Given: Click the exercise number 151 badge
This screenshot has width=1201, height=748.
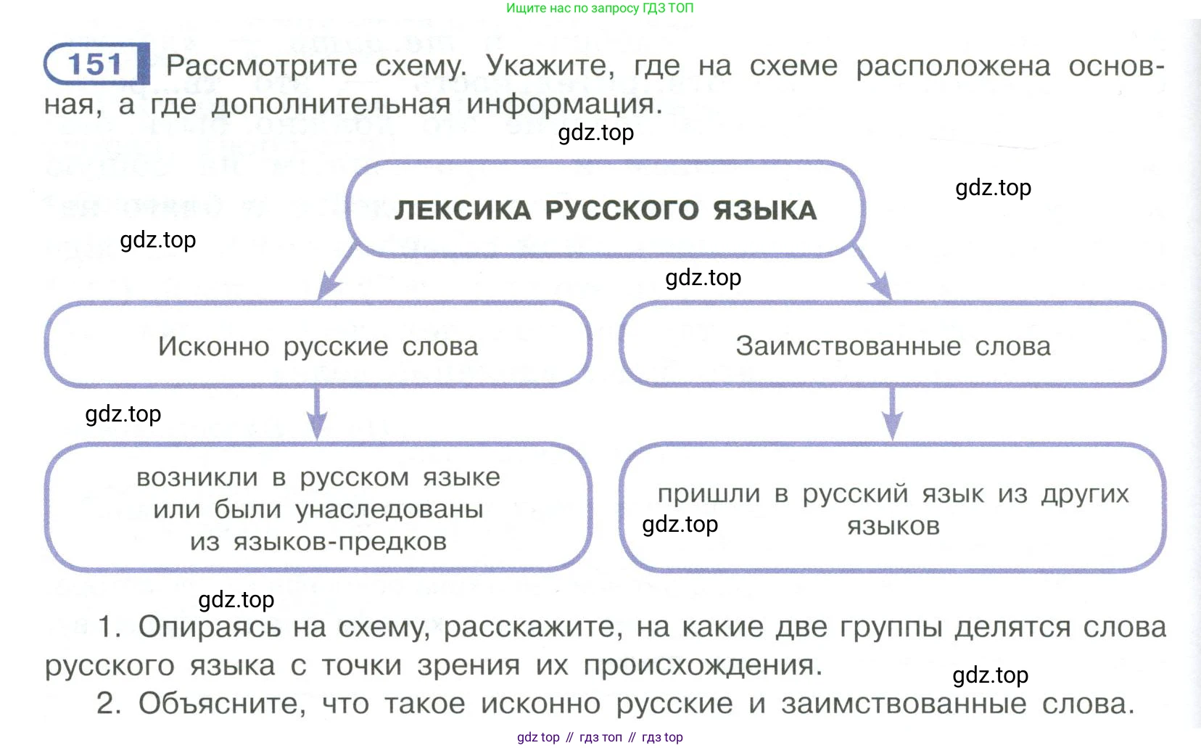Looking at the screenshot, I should pos(96,64).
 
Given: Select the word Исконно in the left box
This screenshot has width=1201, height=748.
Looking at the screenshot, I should pos(213,347).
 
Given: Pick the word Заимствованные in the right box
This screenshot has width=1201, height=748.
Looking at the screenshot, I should pos(848,347).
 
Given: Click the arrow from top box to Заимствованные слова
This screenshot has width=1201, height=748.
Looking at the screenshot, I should pos(872,272).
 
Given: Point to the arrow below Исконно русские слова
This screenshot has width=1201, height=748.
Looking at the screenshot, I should pos(317,414).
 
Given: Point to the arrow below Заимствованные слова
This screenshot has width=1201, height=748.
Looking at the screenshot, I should pos(893,414).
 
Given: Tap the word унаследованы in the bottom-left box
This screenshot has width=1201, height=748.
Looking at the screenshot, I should pos(389,510).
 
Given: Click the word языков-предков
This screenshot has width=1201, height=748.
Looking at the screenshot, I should pos(339,542).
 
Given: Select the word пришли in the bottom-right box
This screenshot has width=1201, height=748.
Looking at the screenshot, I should pos(709,494).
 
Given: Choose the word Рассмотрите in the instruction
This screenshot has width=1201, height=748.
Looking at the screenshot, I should pos(261,66).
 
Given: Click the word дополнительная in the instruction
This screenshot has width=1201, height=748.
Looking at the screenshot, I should pos(331,104).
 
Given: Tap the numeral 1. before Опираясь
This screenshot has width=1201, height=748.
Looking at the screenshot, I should pos(110,627).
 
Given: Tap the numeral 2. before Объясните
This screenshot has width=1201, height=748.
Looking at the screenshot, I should pos(110,703).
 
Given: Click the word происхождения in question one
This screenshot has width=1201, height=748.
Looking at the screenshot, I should pos(702,665).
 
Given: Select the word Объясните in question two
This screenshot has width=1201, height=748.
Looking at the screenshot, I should pos(222,704).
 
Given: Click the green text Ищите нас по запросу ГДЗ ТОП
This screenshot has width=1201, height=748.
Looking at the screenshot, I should pos(600,9).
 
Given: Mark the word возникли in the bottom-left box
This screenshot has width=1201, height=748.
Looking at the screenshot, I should pos(197,478).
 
